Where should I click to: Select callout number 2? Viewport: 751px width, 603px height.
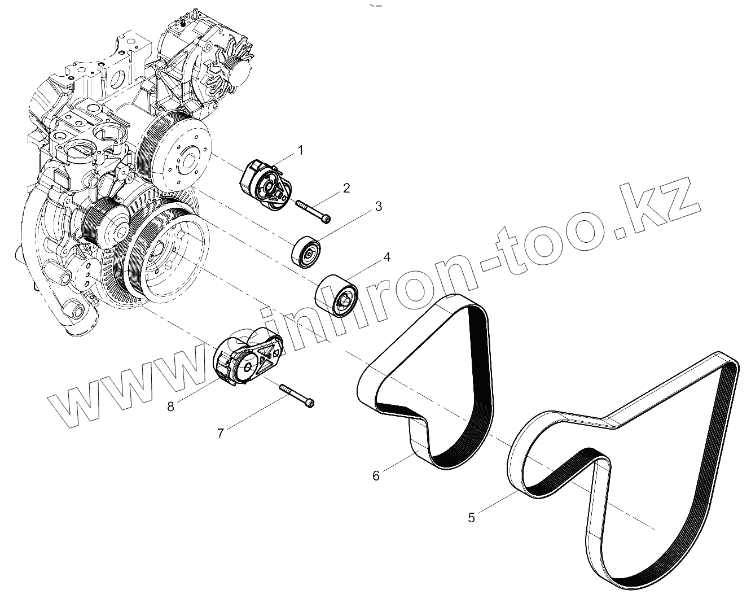(346, 187)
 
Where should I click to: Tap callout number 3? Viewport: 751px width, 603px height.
(378, 207)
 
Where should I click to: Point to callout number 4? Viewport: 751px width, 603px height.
(387, 257)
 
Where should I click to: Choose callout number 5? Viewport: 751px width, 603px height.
(471, 517)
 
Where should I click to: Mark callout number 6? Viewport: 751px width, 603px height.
(376, 475)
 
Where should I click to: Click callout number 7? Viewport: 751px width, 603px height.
(221, 433)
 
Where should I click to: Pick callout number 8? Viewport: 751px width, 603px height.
(170, 405)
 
